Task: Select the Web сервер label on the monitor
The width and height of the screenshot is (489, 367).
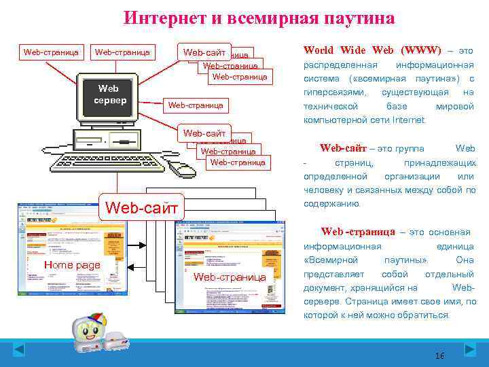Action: [109, 94]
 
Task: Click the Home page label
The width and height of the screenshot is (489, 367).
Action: [72, 265]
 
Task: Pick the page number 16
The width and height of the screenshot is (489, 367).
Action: [439, 356]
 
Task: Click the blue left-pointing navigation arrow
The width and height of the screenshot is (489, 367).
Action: [19, 350]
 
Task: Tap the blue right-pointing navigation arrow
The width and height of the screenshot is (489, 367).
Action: [470, 350]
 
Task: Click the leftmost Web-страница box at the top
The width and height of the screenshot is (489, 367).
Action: [51, 52]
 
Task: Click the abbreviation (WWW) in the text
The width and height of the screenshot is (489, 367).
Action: [421, 50]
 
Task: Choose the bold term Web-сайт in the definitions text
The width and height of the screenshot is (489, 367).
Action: [342, 148]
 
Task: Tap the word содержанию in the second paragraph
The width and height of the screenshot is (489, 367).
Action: [332, 203]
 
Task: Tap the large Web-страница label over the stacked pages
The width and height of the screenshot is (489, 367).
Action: [230, 277]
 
